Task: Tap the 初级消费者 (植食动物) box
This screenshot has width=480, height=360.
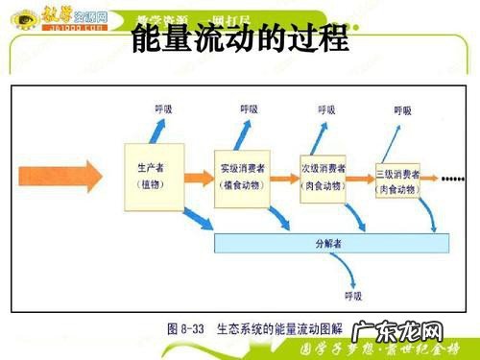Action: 242,176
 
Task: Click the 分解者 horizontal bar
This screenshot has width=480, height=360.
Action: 327,243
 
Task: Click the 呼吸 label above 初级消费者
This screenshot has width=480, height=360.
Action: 249,109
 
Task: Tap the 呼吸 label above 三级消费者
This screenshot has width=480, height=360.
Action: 404,111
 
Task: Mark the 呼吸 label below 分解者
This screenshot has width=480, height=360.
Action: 352,294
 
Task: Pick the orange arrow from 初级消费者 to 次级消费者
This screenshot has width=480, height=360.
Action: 284,178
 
